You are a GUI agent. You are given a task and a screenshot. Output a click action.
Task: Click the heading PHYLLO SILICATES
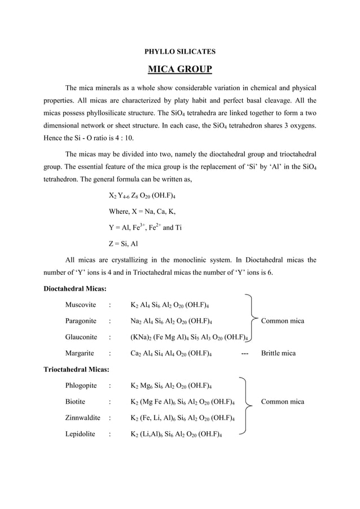click(180, 51)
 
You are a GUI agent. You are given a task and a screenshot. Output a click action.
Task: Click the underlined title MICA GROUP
click(180, 69)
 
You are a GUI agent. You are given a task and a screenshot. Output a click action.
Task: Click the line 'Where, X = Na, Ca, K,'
click(142, 212)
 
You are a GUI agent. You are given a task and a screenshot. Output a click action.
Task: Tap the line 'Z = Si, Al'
click(122, 244)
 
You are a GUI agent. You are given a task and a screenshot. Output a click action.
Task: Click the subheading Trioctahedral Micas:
click(77, 369)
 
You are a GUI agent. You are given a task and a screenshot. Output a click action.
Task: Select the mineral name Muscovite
click(80, 305)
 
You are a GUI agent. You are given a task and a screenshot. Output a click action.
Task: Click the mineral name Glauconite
click(81, 337)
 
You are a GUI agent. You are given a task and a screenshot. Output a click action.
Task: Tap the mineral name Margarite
click(80, 353)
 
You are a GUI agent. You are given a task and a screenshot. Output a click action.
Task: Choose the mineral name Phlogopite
click(81, 386)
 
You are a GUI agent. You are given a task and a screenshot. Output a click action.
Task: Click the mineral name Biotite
click(75, 402)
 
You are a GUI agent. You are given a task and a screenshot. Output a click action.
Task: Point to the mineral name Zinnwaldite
click(82, 418)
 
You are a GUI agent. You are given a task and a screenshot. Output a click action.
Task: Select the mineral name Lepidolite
click(80, 435)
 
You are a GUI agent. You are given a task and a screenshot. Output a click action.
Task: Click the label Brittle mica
click(282, 353)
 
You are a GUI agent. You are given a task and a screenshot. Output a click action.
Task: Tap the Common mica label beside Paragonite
click(282, 321)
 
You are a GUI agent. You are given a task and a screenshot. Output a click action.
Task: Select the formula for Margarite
click(171, 354)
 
